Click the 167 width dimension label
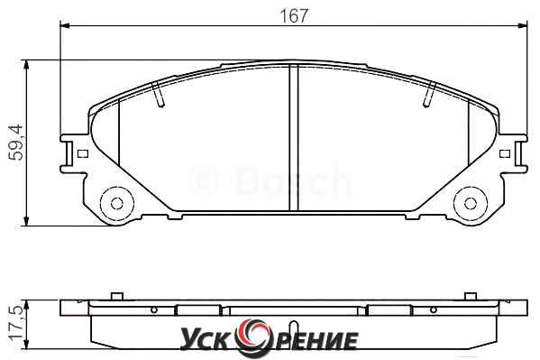click(x=294, y=16)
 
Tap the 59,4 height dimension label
click(x=16, y=143)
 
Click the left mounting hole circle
click(x=117, y=203)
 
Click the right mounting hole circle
click(x=471, y=203)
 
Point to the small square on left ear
click(x=83, y=153)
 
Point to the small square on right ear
click(x=505, y=153)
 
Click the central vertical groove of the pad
click(x=294, y=138)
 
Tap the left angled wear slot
click(x=158, y=94)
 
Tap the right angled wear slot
click(x=429, y=94)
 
